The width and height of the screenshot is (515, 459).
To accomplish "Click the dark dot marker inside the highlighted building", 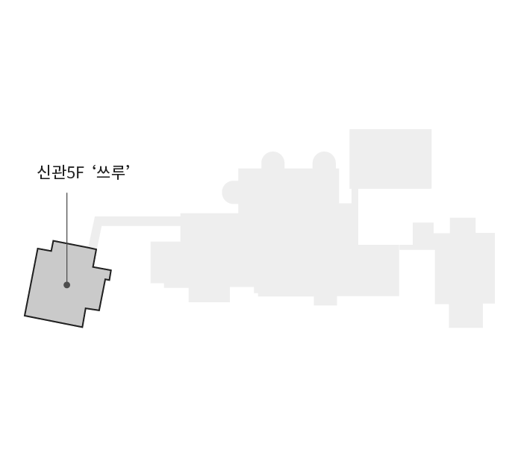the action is point(66,285).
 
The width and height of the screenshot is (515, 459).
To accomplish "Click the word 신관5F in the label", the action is point(60,172).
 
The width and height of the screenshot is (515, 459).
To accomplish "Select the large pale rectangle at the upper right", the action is point(390,159).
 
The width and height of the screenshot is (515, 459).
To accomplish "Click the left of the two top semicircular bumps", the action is point(273,160).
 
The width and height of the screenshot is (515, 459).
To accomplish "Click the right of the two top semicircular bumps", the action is point(324,160).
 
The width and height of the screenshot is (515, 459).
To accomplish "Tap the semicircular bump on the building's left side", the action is point(230,192).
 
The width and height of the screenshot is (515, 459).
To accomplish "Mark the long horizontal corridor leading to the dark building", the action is point(138,222).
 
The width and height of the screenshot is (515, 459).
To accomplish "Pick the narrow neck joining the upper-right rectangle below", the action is point(355,196).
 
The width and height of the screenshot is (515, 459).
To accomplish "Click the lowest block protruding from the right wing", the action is point(466,316).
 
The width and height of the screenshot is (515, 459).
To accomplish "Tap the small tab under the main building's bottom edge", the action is point(325,301).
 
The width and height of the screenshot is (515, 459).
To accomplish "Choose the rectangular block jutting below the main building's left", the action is point(209,295).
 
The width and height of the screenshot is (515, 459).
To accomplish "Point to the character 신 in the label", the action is point(44,172).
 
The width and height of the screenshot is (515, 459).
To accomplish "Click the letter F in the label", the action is point(80,173).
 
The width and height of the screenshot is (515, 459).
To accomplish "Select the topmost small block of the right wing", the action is point(463,225).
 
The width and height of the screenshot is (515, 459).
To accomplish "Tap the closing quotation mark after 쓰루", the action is point(128,168).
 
